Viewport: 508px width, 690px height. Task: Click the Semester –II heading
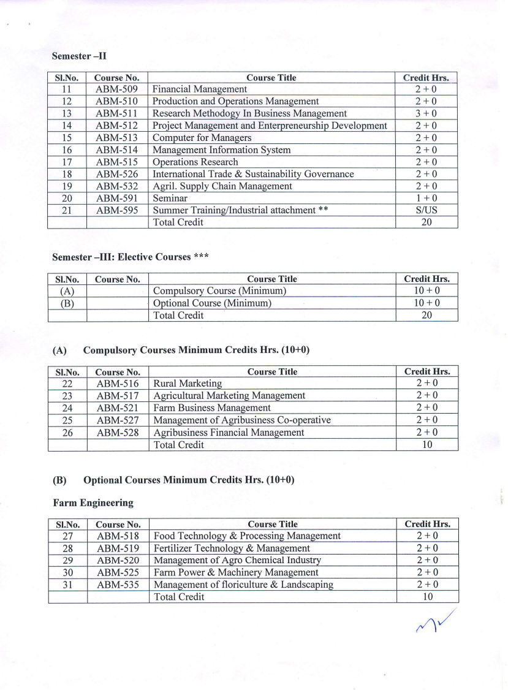(x=80, y=56)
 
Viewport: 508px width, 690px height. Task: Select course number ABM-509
(x=116, y=89)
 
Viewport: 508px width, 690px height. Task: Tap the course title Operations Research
(x=195, y=162)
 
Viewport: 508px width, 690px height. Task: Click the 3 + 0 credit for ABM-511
(x=426, y=113)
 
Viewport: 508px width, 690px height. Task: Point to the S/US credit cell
(x=426, y=210)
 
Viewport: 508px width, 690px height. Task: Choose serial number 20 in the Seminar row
(x=67, y=198)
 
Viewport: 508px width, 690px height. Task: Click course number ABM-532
(x=116, y=186)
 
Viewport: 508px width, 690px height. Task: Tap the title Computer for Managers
(x=202, y=138)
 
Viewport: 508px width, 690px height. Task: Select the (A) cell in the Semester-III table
(x=67, y=291)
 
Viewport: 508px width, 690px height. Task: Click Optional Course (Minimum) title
(x=212, y=303)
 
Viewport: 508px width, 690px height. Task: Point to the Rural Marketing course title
(x=188, y=384)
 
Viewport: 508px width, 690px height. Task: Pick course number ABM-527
(x=118, y=420)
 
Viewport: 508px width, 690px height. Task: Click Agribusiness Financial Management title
(x=229, y=432)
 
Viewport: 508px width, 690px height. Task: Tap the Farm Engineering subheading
(x=93, y=502)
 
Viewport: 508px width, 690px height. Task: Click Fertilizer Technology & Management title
(x=232, y=548)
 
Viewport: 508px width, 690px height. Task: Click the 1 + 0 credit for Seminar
(x=426, y=198)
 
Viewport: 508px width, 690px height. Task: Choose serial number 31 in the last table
(x=68, y=585)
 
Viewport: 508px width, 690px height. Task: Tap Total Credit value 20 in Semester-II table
(x=426, y=222)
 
